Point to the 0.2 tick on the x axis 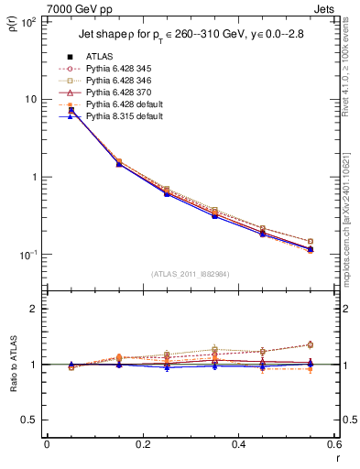(x=143, y=444)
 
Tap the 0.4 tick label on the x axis (x=239, y=444)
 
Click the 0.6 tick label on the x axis (x=334, y=444)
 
